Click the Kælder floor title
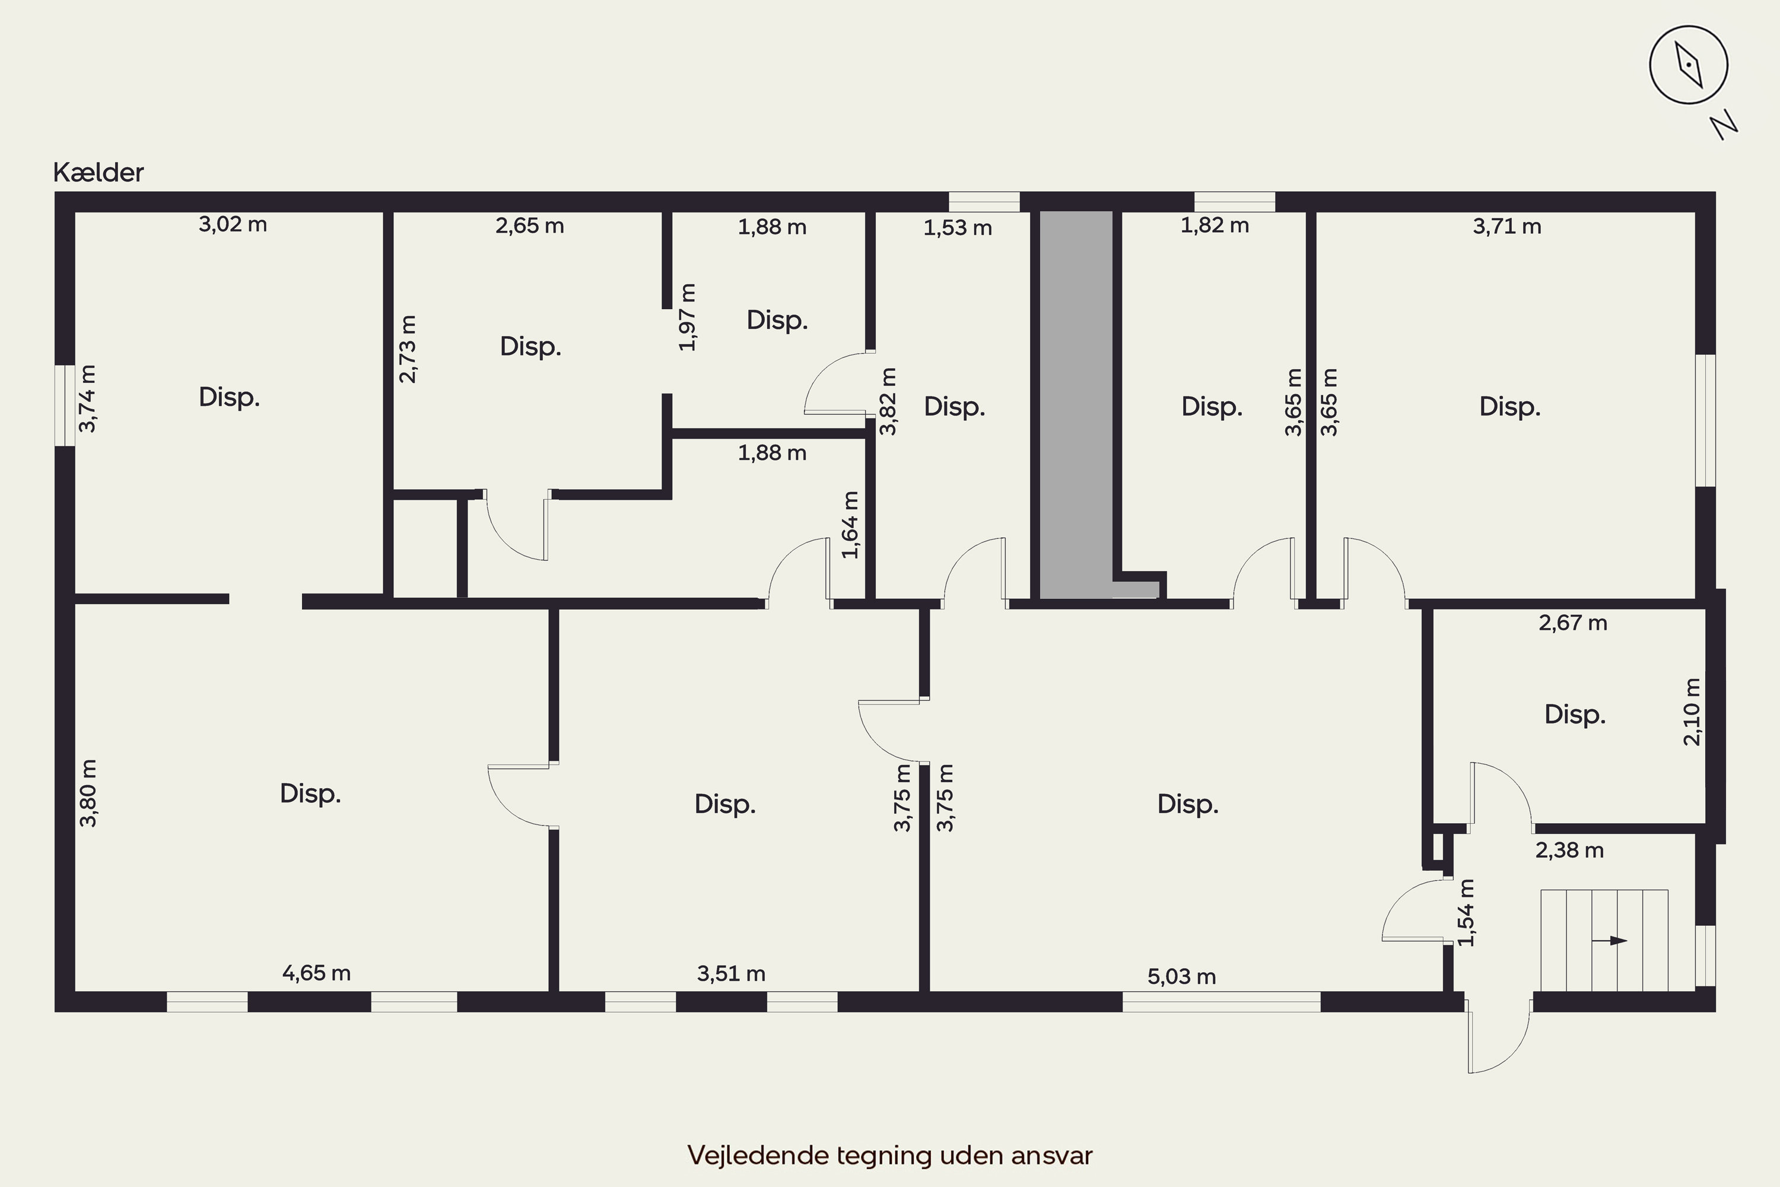point(98,173)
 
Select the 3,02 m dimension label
point(233,224)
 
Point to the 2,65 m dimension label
point(530,226)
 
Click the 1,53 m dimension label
point(958,227)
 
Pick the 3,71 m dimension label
point(1507,226)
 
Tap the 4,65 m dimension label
point(316,973)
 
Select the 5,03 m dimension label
point(1181,976)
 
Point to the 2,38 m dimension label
point(1569,850)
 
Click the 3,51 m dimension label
point(731,973)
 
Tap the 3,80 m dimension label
point(88,794)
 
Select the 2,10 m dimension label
point(1692,712)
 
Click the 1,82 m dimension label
point(1215,226)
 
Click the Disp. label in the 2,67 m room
point(1575,715)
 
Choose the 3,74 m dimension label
point(88,399)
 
